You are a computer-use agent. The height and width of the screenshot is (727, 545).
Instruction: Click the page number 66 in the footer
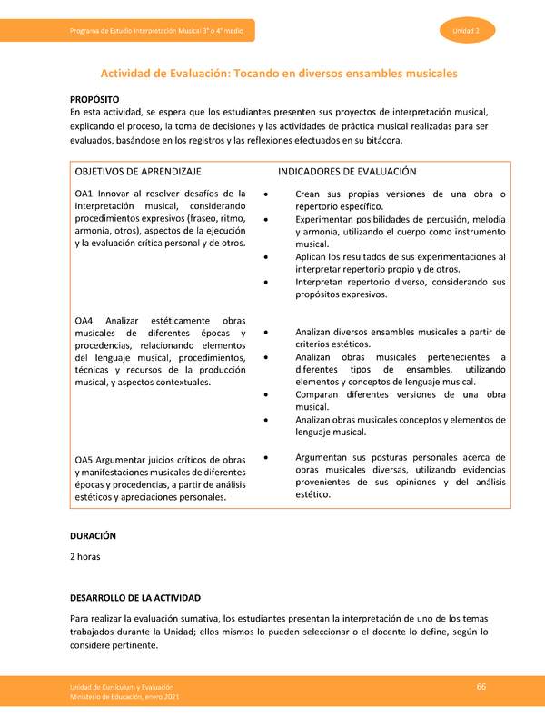482,686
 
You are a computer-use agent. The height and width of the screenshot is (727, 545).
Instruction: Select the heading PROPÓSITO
94,97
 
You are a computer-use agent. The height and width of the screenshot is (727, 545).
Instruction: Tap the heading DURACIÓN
94,536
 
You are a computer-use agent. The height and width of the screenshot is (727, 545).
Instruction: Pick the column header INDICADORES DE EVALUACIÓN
347,171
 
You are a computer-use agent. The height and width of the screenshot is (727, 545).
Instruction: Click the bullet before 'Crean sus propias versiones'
264,194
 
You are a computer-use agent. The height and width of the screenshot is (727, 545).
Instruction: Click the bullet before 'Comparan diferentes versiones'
264,396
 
